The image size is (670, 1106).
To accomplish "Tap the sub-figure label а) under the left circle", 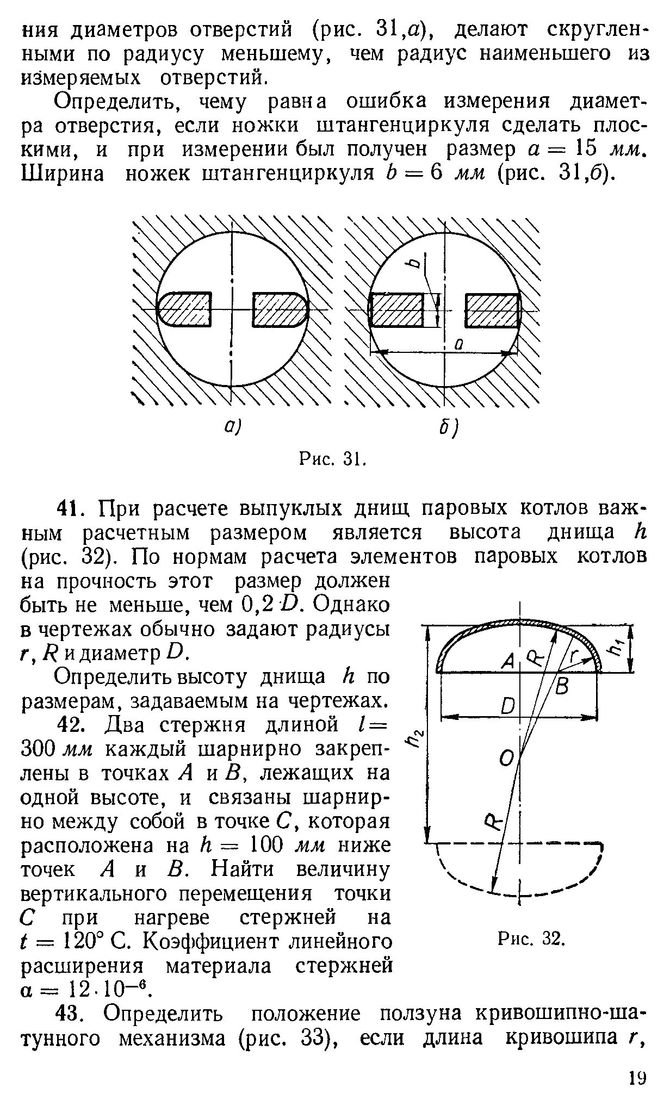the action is coord(231,427).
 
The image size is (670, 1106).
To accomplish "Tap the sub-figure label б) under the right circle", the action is coord(448,431).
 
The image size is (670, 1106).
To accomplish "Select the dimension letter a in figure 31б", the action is coord(458,344).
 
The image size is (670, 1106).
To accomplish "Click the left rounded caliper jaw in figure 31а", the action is coord(184,310).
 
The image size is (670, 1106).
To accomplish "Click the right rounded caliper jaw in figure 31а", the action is coord(281,310).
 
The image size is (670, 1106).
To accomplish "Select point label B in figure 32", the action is coord(562,688).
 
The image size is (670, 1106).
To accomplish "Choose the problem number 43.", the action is coord(72,1015).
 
